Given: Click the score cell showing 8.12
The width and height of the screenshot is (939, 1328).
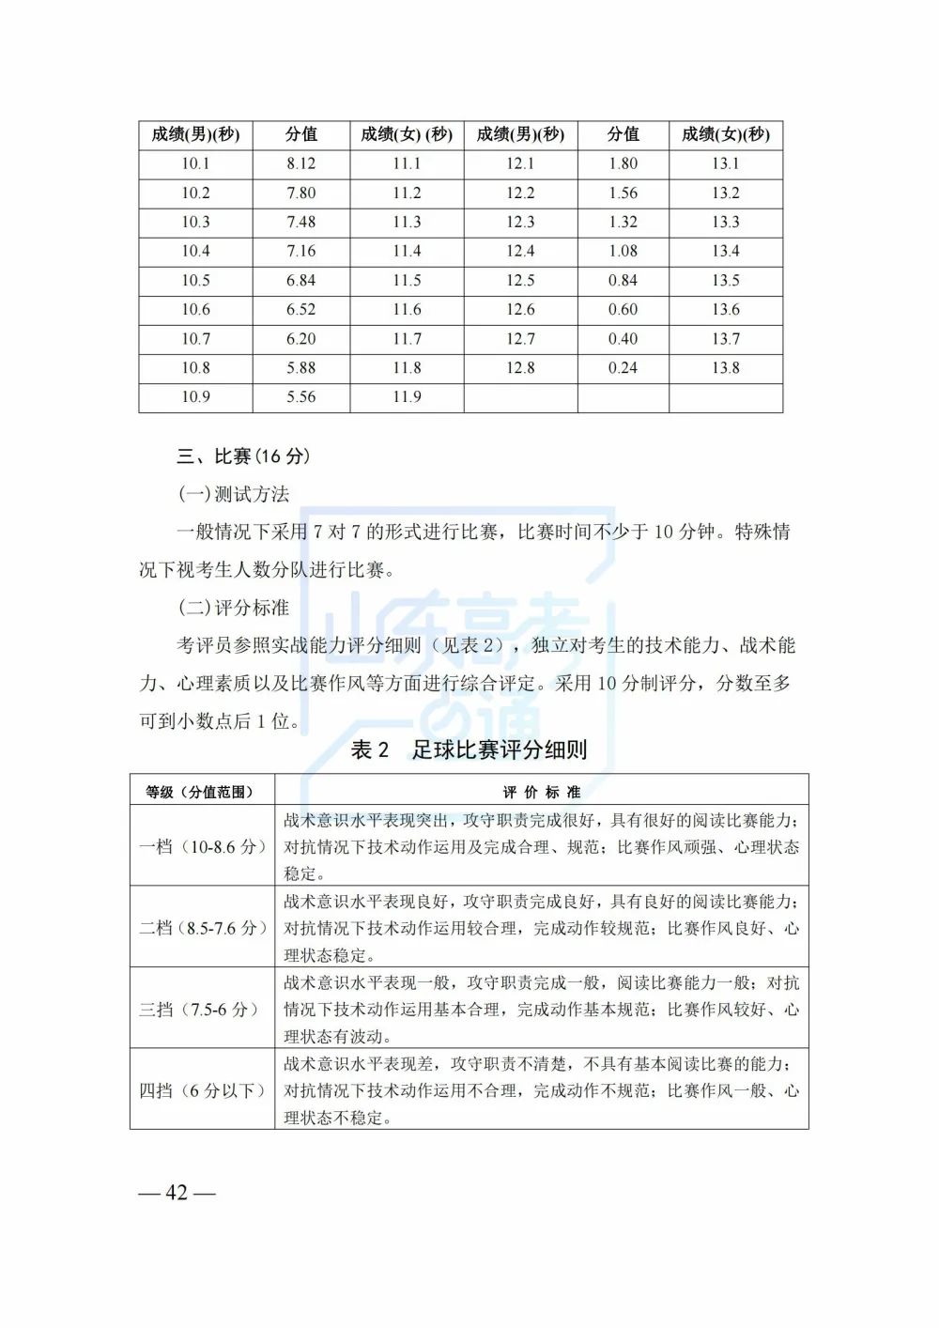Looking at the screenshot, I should (300, 163).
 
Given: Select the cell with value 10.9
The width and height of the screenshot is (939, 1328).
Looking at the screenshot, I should (195, 397).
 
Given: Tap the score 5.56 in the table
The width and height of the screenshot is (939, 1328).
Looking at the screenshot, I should (300, 397).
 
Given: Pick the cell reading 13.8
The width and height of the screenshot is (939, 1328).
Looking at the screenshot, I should (725, 368).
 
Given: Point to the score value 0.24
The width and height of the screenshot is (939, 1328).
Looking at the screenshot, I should (623, 368).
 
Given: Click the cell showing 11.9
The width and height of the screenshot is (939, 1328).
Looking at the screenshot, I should (407, 397).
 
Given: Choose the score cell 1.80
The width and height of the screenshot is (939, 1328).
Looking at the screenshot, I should (623, 163).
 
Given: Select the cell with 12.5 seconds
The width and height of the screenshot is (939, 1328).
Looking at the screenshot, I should (520, 281).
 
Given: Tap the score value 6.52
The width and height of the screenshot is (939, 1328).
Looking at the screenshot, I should (300, 310).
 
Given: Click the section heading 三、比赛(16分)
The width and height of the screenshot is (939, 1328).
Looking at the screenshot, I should (243, 456).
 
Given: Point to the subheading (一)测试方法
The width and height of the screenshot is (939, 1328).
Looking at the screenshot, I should (234, 494).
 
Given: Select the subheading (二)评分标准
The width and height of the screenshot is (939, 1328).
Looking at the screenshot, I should (234, 608).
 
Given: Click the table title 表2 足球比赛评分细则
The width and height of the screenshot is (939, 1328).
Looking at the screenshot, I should (469, 749).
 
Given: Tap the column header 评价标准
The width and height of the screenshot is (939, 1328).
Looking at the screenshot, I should (542, 792).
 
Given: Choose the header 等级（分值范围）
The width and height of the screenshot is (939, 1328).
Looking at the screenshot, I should (200, 792).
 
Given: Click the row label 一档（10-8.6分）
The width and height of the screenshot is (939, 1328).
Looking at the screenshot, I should (202, 846).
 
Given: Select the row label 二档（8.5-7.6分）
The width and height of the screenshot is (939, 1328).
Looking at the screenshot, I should (202, 928).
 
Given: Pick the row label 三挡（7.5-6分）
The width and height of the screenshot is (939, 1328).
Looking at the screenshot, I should (199, 1010).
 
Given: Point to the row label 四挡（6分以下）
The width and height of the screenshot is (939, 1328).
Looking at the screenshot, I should (202, 1090).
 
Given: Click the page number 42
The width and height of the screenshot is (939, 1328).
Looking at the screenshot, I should (177, 1193).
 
